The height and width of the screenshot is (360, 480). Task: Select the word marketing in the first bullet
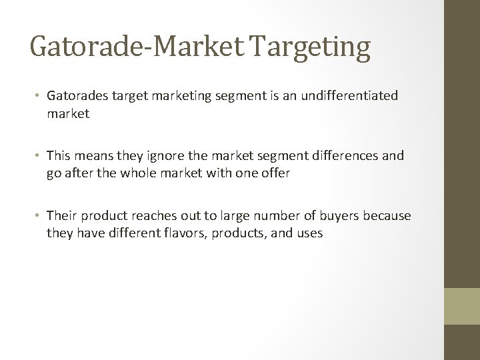pyautogui.click(x=180, y=95)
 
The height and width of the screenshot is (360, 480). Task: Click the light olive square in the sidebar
pyautogui.click(x=462, y=306)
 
